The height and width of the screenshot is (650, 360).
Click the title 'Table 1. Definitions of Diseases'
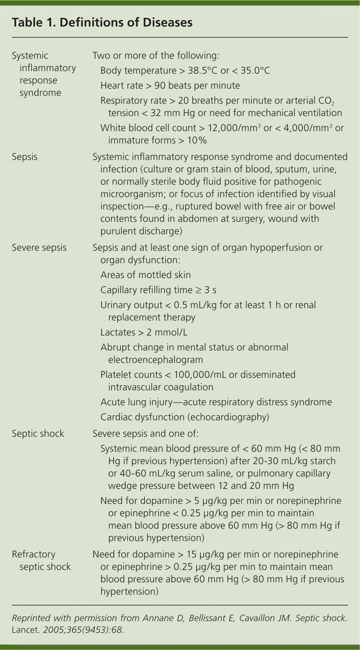(102, 23)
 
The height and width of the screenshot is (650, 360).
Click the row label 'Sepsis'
(24, 157)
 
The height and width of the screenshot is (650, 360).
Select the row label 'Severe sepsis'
(39, 248)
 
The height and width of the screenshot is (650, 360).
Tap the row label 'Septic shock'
(38, 433)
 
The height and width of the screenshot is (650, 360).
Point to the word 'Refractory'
(33, 554)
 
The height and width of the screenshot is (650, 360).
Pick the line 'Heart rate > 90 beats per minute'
(170, 86)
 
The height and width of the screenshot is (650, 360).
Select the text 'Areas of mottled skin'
(145, 275)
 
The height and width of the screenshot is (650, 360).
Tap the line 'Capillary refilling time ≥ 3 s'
(158, 290)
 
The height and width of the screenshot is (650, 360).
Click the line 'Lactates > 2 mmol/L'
(144, 332)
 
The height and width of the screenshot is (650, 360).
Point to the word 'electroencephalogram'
(155, 360)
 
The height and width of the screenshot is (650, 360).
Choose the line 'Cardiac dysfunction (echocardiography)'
(185, 417)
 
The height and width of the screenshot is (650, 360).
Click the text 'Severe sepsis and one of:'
(145, 433)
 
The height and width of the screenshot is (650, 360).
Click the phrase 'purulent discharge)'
(141, 231)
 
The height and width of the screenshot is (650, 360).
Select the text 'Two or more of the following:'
(156, 56)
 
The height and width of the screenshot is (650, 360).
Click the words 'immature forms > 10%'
(157, 140)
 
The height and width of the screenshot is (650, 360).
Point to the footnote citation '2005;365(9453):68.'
(83, 630)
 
